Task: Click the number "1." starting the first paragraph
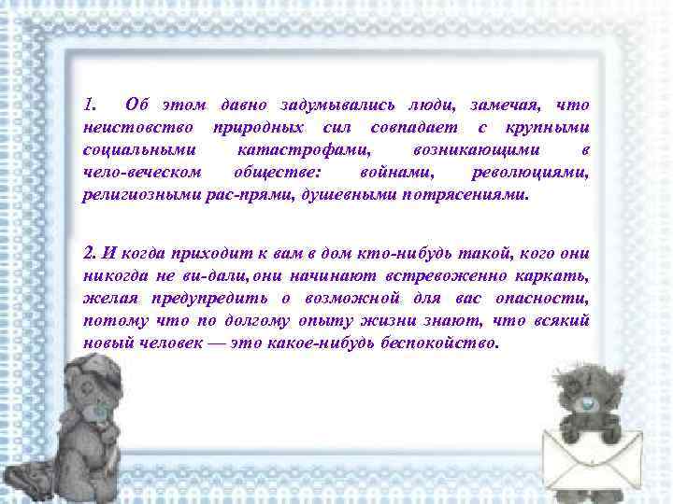tap(91, 103)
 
